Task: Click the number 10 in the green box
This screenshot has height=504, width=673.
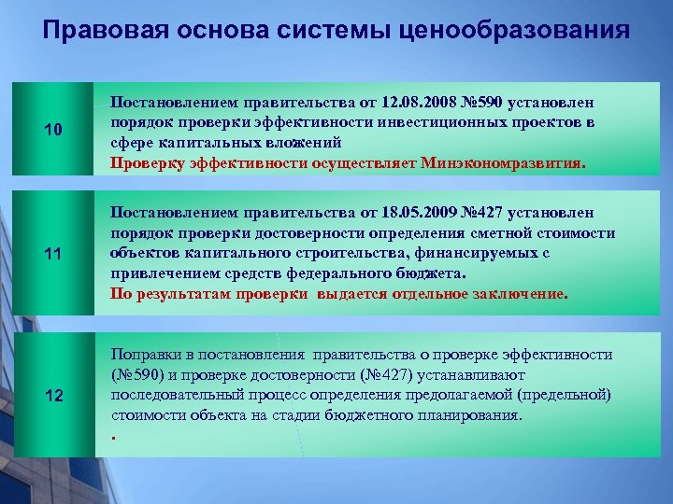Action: (x=53, y=131)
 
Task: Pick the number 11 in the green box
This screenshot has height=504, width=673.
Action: (x=53, y=252)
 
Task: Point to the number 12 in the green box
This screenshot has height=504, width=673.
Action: (x=53, y=395)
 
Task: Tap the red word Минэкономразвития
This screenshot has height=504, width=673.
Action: (x=503, y=162)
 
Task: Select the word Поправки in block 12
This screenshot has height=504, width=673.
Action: (x=143, y=355)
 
